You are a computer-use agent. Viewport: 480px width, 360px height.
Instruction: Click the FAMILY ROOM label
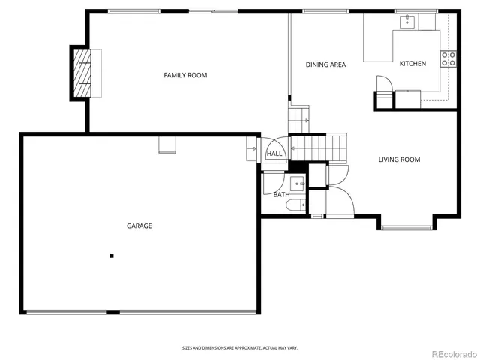point(185,75)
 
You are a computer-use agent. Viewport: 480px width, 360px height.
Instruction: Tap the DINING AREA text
point(325,64)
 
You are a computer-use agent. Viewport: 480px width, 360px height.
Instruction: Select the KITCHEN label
point(412,64)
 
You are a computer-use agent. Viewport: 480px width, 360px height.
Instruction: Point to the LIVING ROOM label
point(399,160)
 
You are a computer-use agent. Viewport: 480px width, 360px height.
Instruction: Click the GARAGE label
point(139,226)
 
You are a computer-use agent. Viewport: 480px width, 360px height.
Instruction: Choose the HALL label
point(274,154)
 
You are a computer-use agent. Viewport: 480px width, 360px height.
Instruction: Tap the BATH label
point(281,195)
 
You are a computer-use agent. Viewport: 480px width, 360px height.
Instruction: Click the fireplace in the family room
point(83,73)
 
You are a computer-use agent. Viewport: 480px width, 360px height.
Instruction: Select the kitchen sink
point(406,22)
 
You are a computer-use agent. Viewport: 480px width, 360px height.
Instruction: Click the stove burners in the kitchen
point(449,59)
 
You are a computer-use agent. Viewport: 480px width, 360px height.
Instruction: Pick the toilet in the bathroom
point(297,203)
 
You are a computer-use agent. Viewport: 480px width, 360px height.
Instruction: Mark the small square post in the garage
point(112,256)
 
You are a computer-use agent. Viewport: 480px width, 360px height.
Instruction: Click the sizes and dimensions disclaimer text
point(239,347)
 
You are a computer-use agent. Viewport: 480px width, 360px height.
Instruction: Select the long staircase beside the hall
point(319,148)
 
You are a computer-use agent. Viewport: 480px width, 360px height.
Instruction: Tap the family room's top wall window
point(133,11)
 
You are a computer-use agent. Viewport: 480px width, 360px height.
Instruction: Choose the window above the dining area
point(324,11)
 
